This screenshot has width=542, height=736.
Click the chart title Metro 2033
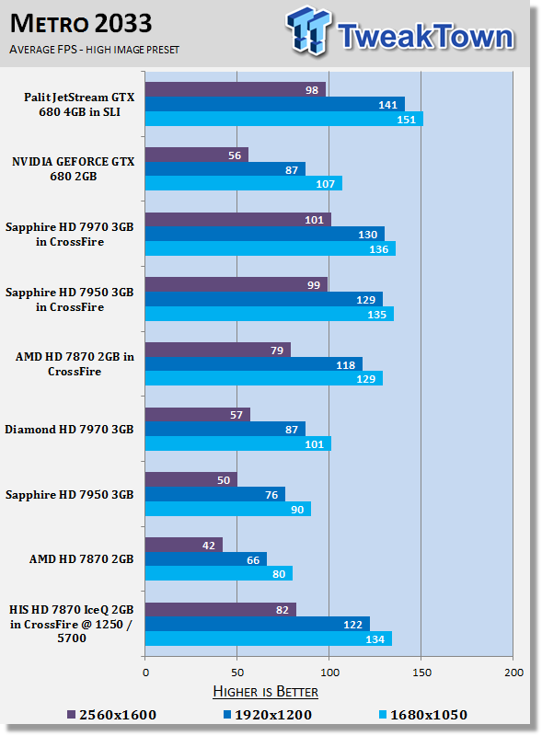(x=81, y=24)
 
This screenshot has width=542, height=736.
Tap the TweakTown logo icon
(x=308, y=30)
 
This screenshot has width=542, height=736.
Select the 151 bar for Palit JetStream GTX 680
(x=284, y=119)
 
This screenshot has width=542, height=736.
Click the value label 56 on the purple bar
(x=235, y=155)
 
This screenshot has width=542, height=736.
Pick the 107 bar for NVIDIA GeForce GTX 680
(x=244, y=183)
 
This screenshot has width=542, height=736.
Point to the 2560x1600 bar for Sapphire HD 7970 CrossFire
(x=238, y=220)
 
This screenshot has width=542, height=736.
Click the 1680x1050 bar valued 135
(x=270, y=314)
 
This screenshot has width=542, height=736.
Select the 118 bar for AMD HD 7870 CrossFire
(x=254, y=364)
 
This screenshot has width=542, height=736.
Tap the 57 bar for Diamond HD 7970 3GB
(x=198, y=415)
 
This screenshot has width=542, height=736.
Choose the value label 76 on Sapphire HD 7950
(x=271, y=495)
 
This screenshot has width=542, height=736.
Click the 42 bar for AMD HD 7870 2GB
(x=184, y=545)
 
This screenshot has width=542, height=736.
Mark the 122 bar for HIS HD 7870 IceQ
(x=258, y=625)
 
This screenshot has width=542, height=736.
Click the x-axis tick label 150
(x=421, y=673)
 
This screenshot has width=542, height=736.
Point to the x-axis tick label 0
(x=145, y=673)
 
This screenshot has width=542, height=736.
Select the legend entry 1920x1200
(x=267, y=715)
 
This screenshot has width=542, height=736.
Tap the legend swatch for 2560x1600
(x=72, y=715)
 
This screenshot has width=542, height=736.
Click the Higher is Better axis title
(x=265, y=692)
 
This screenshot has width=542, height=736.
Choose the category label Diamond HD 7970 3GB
(x=69, y=430)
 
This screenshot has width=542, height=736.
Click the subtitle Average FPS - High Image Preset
(x=94, y=50)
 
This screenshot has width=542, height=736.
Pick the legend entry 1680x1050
(x=422, y=715)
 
